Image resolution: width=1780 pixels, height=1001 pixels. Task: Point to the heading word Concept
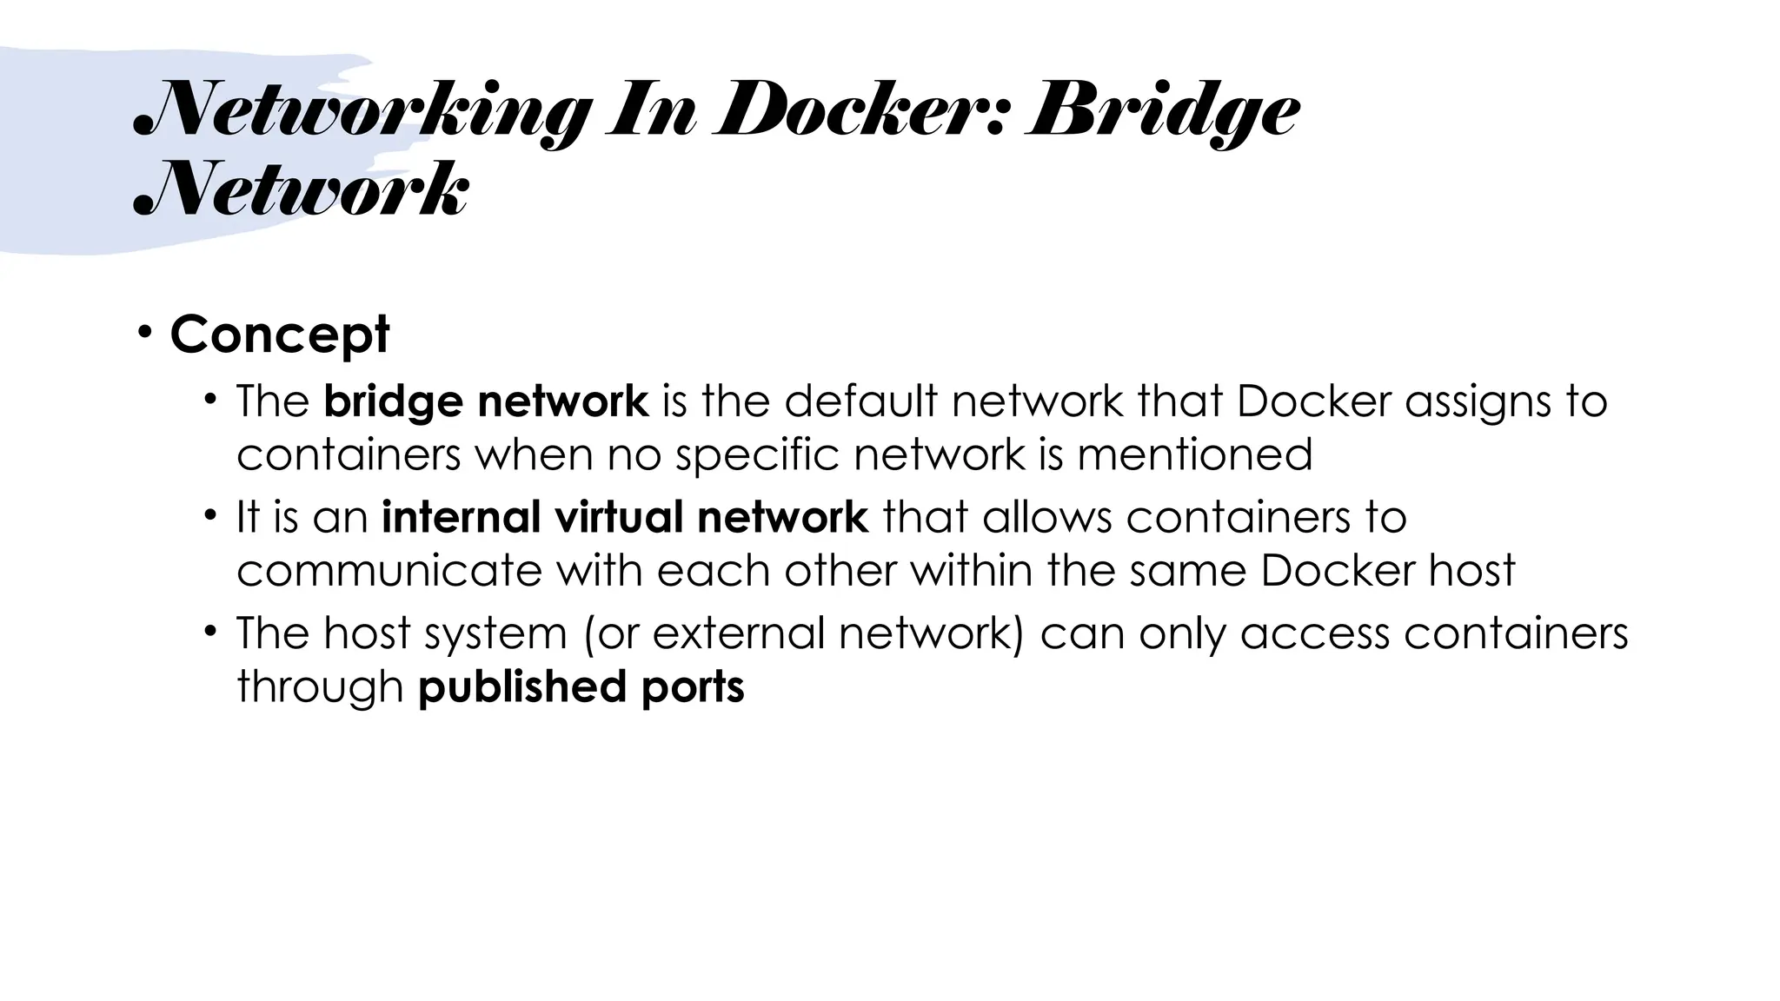click(280, 334)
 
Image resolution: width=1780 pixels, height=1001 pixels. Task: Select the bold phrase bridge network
click(486, 401)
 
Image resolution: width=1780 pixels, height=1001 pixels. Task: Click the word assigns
click(1478, 402)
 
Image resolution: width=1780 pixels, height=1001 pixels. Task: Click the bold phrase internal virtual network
click(625, 517)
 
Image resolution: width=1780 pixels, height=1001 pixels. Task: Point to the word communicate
click(389, 571)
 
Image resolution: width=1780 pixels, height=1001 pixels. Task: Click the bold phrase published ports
click(581, 687)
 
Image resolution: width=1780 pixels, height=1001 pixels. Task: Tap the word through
click(320, 687)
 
